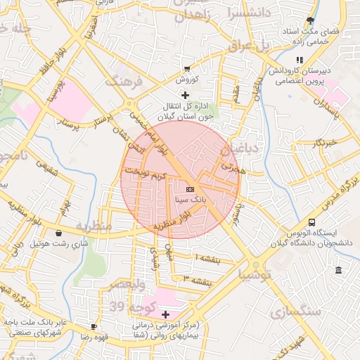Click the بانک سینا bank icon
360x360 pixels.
click(190, 189)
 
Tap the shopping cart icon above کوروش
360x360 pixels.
click(186, 69)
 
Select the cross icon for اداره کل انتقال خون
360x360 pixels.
click(185, 94)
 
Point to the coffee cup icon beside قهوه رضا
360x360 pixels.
click(94, 326)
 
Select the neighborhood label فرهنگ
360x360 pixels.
click(124, 82)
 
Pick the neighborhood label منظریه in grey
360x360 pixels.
click(94, 226)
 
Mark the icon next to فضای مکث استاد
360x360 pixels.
click(311, 20)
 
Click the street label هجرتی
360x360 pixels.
click(234, 169)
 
